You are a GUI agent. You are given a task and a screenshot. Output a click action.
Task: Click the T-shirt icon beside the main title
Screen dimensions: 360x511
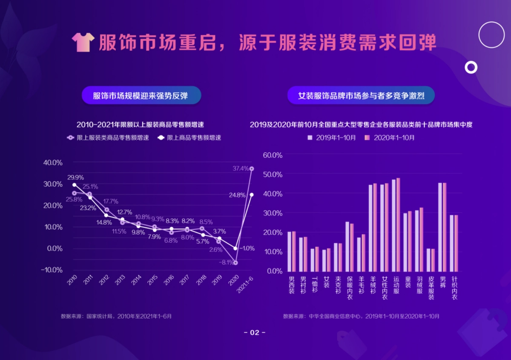pyautogui.click(x=83, y=42)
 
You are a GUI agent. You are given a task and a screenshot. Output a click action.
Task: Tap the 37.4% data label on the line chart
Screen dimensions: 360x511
pyautogui.click(x=240, y=169)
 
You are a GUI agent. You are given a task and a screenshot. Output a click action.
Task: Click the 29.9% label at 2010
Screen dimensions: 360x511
pyautogui.click(x=75, y=177)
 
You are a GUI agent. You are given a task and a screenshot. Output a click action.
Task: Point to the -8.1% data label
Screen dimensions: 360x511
pyautogui.click(x=226, y=263)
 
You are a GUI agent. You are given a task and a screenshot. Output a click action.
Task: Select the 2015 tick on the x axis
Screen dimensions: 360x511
pyautogui.click(x=152, y=281)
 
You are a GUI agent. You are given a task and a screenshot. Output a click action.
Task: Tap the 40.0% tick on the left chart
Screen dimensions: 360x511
pyautogui.click(x=53, y=163)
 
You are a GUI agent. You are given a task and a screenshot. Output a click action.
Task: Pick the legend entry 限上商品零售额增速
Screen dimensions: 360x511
pyautogui.click(x=189, y=138)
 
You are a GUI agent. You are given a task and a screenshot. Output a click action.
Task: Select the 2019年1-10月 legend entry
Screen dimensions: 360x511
pyautogui.click(x=332, y=138)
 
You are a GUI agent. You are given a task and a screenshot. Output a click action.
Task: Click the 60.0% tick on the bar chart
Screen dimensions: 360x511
pyautogui.click(x=273, y=155)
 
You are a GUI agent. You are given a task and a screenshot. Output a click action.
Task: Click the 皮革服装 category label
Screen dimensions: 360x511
pyautogui.click(x=431, y=287)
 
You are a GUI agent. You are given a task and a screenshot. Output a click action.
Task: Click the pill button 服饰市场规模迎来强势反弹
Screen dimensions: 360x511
pyautogui.click(x=141, y=95)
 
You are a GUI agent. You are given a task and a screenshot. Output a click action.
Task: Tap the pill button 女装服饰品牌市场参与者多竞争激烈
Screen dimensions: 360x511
pyautogui.click(x=361, y=95)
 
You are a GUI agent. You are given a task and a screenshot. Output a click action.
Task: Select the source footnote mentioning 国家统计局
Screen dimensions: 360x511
pyautogui.click(x=116, y=317)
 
